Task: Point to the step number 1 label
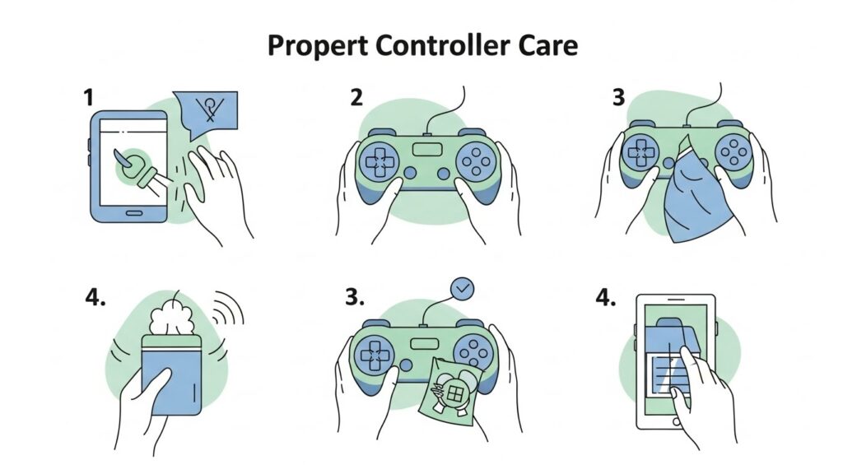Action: (88, 98)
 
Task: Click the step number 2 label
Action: (356, 98)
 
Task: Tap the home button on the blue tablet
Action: (132, 211)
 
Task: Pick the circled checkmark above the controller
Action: (463, 288)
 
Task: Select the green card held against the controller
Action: (449, 387)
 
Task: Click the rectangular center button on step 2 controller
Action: (426, 151)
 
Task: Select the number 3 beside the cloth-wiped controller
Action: (618, 98)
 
